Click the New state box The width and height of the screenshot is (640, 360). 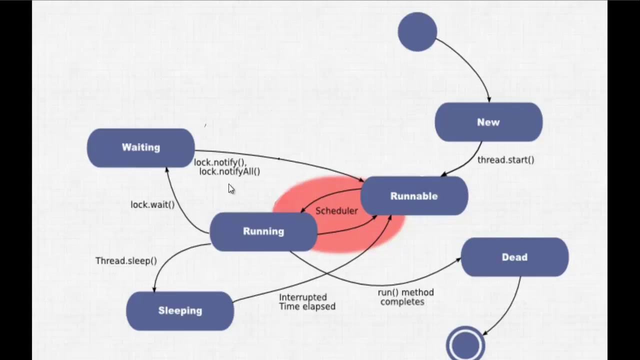pyautogui.click(x=488, y=122)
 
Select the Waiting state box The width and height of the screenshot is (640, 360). pyautogui.click(x=140, y=147)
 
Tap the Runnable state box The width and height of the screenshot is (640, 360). pyautogui.click(x=414, y=196)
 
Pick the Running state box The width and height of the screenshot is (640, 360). pyautogui.click(x=263, y=231)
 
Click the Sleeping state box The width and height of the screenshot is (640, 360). pyautogui.click(x=180, y=310)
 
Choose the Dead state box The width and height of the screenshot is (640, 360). pyautogui.click(x=514, y=257)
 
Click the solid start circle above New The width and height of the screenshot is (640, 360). pyautogui.click(x=417, y=32)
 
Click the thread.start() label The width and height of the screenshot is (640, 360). pyautogui.click(x=505, y=160)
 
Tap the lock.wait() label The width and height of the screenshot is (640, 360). pyautogui.click(x=152, y=204)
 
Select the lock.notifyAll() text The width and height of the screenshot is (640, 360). pyautogui.click(x=229, y=171)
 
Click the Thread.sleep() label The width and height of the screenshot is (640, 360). pyautogui.click(x=126, y=260)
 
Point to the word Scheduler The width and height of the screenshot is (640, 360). pyautogui.click(x=336, y=211)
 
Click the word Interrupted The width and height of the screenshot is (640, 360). pyautogui.click(x=303, y=297)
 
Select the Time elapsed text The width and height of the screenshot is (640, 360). pyautogui.click(x=307, y=306)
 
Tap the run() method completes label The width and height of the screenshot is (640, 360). pyautogui.click(x=405, y=297)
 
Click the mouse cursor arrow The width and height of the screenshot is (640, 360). pyautogui.click(x=230, y=188)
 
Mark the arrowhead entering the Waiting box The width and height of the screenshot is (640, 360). pyautogui.click(x=167, y=170)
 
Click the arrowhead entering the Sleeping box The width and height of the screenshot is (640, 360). pyautogui.click(x=154, y=289)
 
